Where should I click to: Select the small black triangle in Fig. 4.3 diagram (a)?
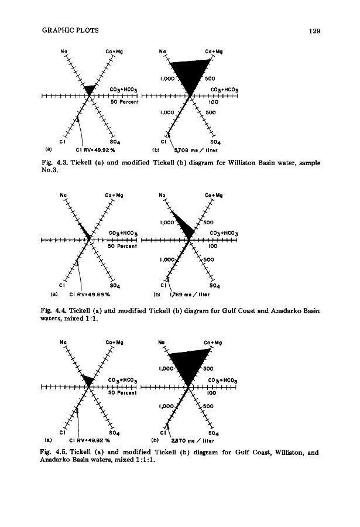point(89,89)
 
